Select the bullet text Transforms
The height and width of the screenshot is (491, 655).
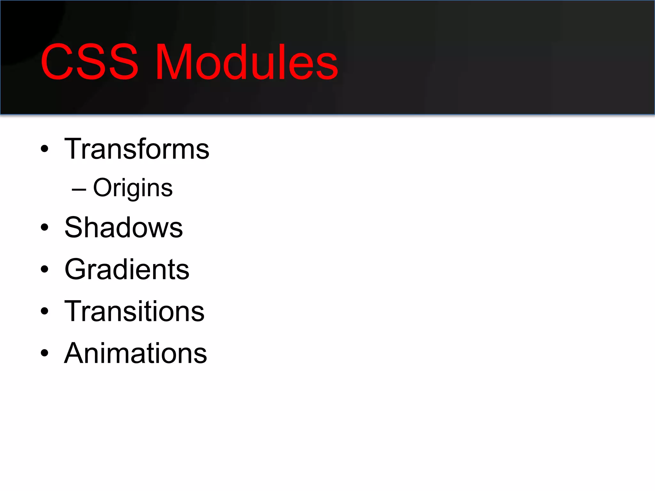pos(137,149)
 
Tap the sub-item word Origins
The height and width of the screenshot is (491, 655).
pos(133,188)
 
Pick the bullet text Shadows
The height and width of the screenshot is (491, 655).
pos(123,228)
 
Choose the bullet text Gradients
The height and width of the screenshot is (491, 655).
pos(127,269)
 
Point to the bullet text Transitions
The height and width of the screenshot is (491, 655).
pos(134,311)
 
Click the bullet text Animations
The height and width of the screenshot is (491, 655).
pos(136,353)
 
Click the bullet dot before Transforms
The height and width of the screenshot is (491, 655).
pos(44,149)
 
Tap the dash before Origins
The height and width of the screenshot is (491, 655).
pos(79,190)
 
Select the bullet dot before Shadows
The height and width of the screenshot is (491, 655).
pos(44,228)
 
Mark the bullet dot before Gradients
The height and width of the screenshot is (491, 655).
pos(44,269)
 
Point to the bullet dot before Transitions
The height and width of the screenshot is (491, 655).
pos(44,311)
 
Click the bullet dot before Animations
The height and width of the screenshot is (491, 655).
pos(44,353)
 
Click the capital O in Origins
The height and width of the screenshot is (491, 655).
pos(103,188)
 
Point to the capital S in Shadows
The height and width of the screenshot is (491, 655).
pos(75,228)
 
